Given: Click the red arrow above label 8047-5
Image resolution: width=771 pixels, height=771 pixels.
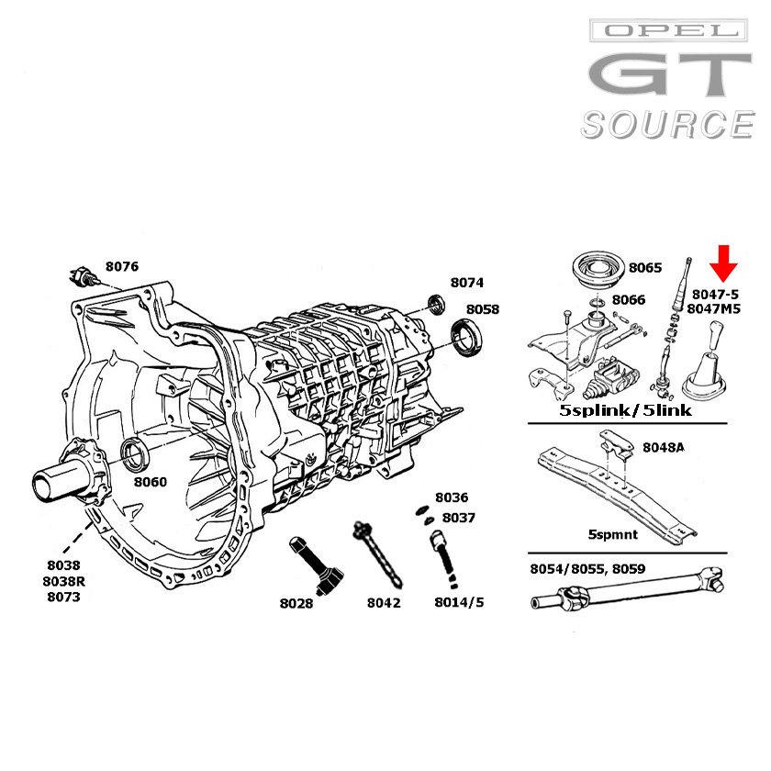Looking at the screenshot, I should tap(725, 263).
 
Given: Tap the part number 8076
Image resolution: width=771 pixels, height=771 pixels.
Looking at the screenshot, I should tap(122, 266).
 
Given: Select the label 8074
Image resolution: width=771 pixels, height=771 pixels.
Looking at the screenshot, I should tap(466, 283).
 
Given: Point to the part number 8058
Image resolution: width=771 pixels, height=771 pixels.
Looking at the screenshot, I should tap(482, 309).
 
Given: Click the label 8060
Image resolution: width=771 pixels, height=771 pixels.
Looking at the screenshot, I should tap(151, 481).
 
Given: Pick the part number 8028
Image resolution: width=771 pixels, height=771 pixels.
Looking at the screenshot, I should tap(296, 603).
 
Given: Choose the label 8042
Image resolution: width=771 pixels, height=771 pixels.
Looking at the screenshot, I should tap(384, 603).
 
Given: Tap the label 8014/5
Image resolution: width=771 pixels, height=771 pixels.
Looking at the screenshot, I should tap(459, 603).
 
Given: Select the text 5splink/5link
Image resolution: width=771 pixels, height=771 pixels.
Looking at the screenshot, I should tap(626, 410).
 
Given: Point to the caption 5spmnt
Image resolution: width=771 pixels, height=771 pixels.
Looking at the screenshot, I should tap(609, 532).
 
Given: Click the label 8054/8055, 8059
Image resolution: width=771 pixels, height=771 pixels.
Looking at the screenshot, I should tap(587, 569).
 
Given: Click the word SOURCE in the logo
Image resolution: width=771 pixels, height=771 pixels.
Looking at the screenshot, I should tap(667, 124).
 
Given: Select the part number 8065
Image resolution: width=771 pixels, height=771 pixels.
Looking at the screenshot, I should tap(644, 268).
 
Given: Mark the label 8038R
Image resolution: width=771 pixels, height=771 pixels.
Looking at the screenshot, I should tap(63, 581).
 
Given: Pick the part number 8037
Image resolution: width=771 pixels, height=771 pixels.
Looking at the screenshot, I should tap(458, 518).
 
